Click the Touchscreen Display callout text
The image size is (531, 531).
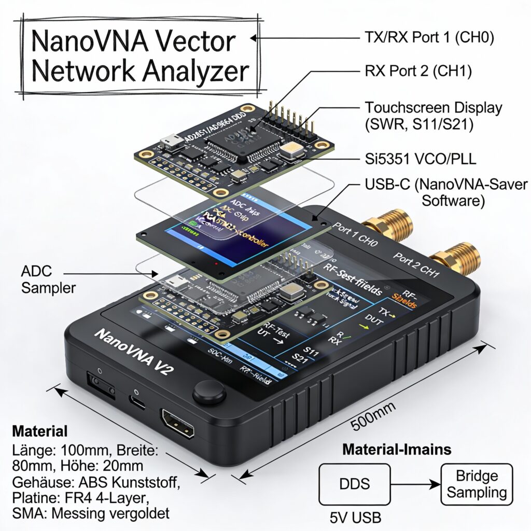(434, 116)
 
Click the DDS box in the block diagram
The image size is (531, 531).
(355, 484)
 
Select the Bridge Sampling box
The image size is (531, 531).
(476, 484)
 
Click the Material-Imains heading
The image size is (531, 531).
(397, 449)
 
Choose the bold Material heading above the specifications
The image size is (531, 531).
(40, 431)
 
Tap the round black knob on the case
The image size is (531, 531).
(209, 392)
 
